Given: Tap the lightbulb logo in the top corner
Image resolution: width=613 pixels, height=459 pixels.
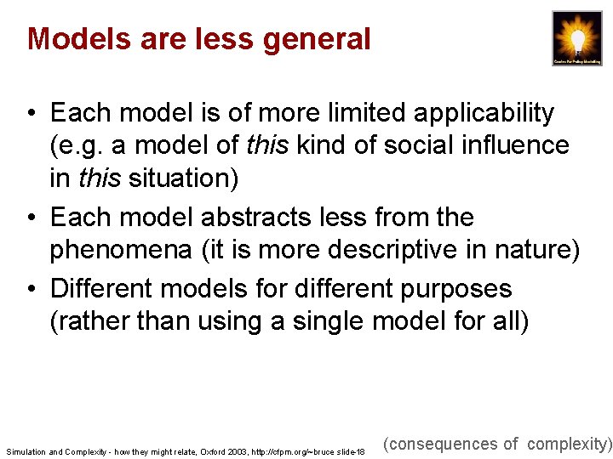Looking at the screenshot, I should click(577, 38).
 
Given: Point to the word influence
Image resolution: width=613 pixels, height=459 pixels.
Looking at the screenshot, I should click(517, 145).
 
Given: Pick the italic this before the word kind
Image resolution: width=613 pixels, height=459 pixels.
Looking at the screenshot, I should click(261, 145).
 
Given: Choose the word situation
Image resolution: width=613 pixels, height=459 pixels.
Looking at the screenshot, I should click(182, 178).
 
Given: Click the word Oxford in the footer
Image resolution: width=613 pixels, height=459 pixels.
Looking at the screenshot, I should click(214, 451).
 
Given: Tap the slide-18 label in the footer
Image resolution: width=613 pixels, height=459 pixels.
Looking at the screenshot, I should click(349, 451).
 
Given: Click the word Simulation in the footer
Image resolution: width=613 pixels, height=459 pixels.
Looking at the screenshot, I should click(26, 451).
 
